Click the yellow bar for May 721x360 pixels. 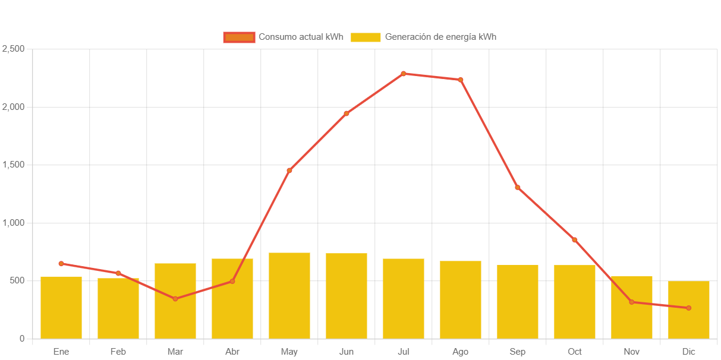click(289, 296)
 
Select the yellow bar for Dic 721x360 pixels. click(689, 310)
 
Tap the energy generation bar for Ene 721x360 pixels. click(61, 308)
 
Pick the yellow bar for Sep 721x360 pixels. click(518, 302)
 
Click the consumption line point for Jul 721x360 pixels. click(403, 74)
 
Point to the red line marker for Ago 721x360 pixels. click(461, 80)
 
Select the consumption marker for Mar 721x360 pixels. click(175, 299)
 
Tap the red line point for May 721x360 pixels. click(289, 170)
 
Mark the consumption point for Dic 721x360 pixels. click(689, 308)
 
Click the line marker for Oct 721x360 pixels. click(575, 240)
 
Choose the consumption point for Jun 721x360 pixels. click(347, 113)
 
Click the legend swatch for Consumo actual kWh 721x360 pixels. click(239, 37)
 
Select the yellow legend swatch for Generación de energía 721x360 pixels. click(366, 37)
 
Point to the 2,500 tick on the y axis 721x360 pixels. click(14, 49)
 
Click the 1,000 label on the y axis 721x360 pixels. click(14, 223)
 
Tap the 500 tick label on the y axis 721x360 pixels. click(17, 280)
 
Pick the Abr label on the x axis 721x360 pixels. click(232, 352)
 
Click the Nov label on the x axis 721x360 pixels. click(632, 352)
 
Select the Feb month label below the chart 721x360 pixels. click(118, 352)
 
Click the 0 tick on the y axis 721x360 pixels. click(22, 339)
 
